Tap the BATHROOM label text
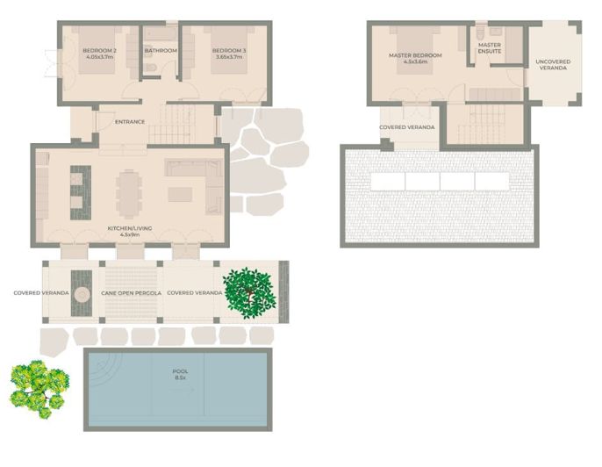pyautogui.click(x=161, y=51)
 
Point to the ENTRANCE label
pyautogui.click(x=130, y=122)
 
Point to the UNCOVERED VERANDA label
pyautogui.click(x=553, y=65)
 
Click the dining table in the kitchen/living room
pyautogui.click(x=130, y=192)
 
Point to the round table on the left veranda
pyautogui.click(x=82, y=294)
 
